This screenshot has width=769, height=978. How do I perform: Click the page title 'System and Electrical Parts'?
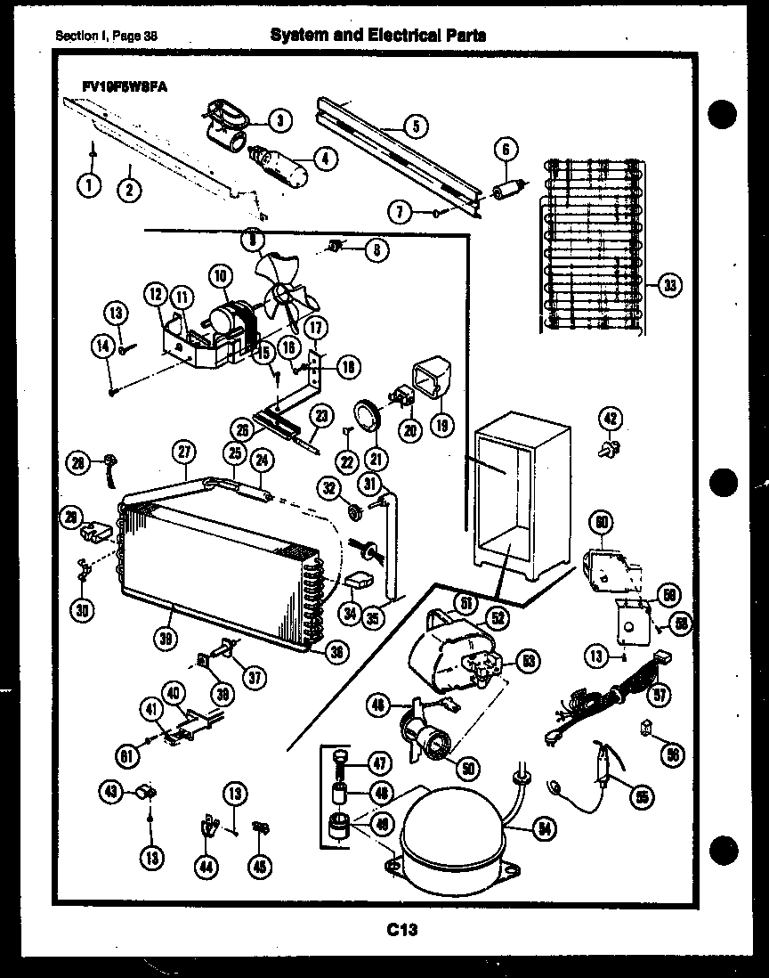pos(377,35)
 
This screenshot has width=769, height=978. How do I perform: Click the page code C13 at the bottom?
pos(402,931)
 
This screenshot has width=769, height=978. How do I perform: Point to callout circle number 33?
pos(668,285)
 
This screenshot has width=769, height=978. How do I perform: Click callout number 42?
pos(611,420)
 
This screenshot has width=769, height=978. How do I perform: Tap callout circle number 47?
pos(381,763)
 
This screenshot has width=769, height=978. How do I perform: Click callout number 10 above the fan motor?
pos(219,277)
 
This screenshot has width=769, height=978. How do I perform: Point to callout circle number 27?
pos(184,452)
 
